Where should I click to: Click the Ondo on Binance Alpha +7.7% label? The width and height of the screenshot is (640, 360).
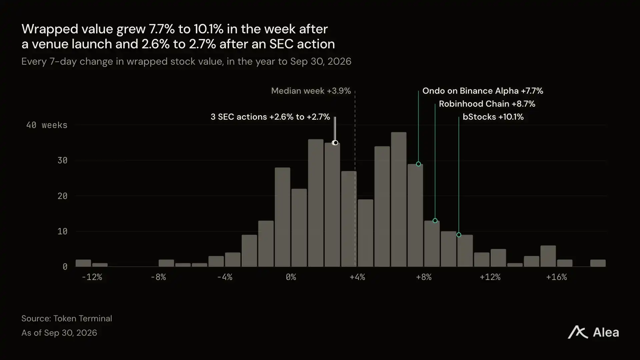[x=483, y=91]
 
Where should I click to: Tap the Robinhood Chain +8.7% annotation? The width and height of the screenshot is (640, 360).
[x=487, y=104]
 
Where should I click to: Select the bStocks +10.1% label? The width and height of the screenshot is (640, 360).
[x=493, y=117]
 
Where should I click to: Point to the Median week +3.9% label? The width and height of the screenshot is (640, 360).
[x=311, y=91]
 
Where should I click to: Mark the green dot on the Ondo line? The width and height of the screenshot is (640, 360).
[x=418, y=164]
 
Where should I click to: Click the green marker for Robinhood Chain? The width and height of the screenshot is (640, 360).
[x=435, y=221]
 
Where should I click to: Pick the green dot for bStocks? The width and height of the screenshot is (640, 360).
[x=459, y=235]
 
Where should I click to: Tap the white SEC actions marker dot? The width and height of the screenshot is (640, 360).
[x=335, y=143]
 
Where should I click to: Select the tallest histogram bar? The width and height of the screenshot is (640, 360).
[x=399, y=199]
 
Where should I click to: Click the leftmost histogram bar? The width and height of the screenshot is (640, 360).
[x=83, y=263]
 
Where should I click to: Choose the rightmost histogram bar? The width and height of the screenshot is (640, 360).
[x=598, y=263]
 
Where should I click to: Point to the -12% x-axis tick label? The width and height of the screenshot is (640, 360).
[x=92, y=277]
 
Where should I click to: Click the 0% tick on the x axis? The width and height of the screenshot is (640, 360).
[x=291, y=277]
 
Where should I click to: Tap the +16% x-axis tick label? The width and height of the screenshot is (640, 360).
[x=556, y=277]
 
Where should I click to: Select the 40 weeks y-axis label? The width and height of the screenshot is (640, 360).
[x=47, y=125]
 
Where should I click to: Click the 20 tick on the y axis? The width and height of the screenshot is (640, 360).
[x=62, y=196]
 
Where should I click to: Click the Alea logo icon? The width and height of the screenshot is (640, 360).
[x=578, y=332]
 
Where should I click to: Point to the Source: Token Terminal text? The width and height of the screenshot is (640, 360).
[x=67, y=318]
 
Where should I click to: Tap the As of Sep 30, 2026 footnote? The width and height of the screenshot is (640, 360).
[x=59, y=333]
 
